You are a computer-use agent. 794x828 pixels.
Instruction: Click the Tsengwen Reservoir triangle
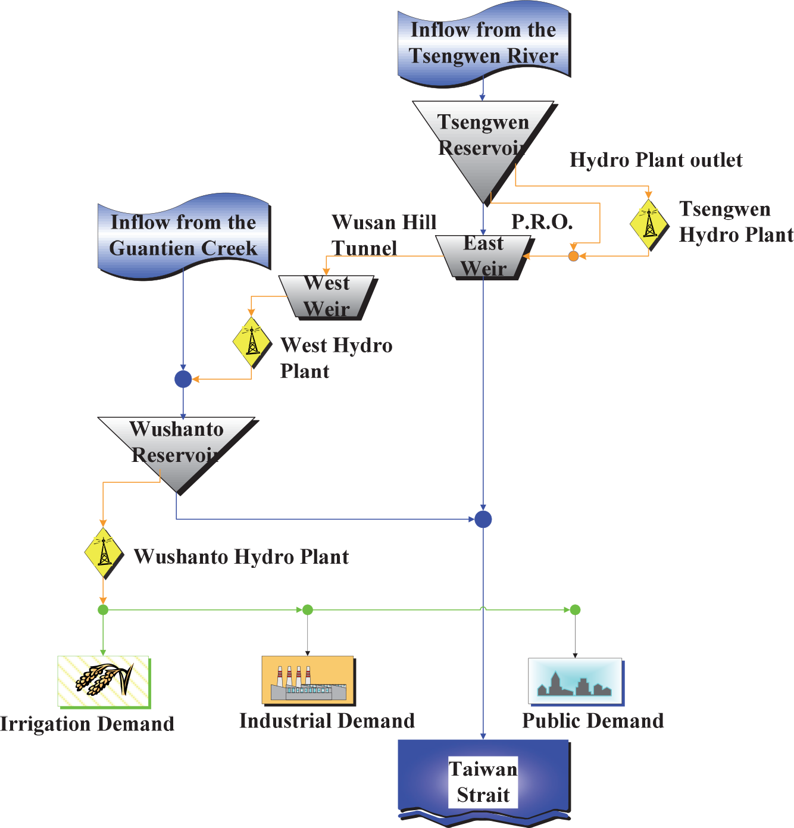(483, 143)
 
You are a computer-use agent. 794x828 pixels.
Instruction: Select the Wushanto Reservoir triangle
(176, 446)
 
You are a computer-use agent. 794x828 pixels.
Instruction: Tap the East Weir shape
(484, 257)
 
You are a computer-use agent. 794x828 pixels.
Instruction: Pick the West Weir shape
(327, 296)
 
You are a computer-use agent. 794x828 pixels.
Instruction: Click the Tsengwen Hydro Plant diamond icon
(649, 224)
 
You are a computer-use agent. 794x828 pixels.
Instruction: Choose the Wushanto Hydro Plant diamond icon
(104, 553)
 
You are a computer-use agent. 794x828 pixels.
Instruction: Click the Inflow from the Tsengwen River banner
(483, 43)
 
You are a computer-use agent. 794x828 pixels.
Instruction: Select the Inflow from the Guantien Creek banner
(183, 235)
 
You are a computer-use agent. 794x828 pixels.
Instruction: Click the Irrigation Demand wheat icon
(104, 681)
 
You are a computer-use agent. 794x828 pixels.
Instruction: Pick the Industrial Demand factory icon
(308, 680)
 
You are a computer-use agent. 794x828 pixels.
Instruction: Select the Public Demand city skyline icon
(575, 681)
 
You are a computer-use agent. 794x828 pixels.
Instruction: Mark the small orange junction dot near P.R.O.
(573, 256)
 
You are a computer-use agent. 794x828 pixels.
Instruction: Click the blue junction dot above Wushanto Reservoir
(183, 379)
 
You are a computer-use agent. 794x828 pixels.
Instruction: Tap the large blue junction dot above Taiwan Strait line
(483, 519)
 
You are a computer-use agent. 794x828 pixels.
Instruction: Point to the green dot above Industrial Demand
(308, 610)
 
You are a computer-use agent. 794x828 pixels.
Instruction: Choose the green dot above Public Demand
(575, 610)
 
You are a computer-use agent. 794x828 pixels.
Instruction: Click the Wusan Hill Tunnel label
(384, 235)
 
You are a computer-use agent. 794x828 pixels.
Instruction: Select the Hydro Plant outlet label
(656, 160)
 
